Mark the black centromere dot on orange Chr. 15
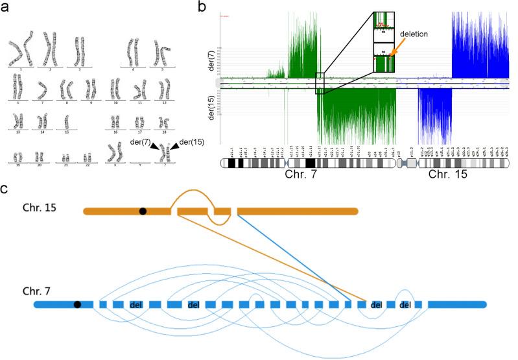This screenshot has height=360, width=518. point(142,211)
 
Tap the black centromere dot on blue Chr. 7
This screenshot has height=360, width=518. point(78,304)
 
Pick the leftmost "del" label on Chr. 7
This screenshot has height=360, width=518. point(136,304)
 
